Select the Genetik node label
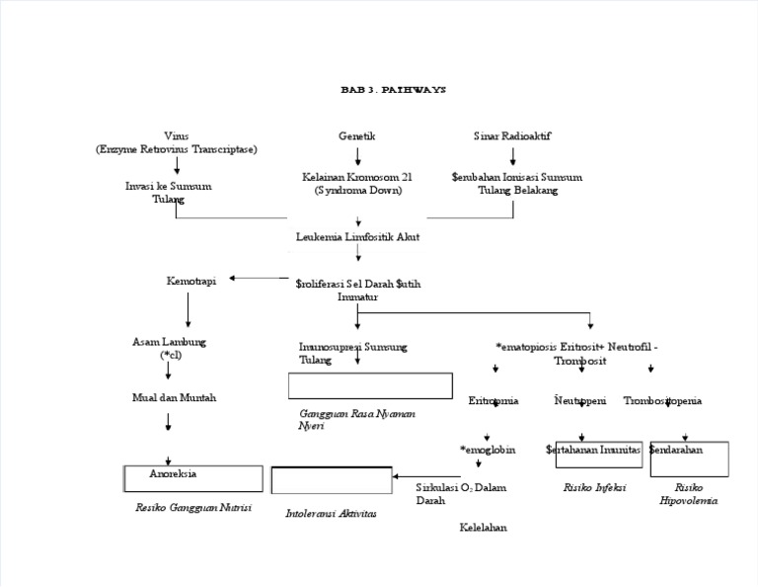[357, 135]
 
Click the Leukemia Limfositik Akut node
[357, 237]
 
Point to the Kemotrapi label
[191, 281]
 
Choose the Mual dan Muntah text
[174, 397]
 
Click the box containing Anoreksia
[193, 478]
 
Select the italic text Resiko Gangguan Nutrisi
[193, 507]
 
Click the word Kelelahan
[484, 528]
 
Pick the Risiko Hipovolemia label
[689, 494]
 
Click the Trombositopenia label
[663, 401]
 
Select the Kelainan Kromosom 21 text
[357, 183]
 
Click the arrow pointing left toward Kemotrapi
[259, 279]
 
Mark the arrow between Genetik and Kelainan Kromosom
[357, 155]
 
